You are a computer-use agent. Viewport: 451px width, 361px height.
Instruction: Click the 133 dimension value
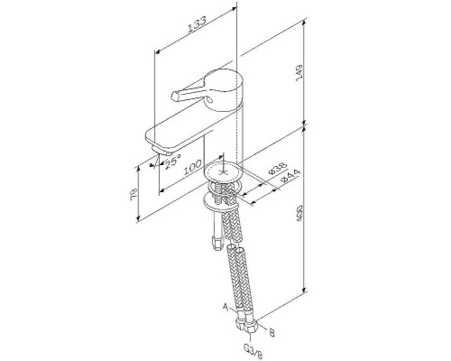[x=198, y=24]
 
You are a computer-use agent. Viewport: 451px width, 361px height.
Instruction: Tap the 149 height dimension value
[x=299, y=73]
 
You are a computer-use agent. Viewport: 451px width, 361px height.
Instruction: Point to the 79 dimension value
[x=134, y=195]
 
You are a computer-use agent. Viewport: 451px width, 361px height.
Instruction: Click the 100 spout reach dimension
[x=192, y=167]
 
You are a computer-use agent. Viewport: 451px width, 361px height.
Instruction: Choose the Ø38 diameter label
[x=277, y=169]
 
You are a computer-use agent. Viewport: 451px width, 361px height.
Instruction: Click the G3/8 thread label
[x=253, y=352]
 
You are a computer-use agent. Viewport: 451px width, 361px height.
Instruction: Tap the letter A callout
[x=225, y=307]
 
